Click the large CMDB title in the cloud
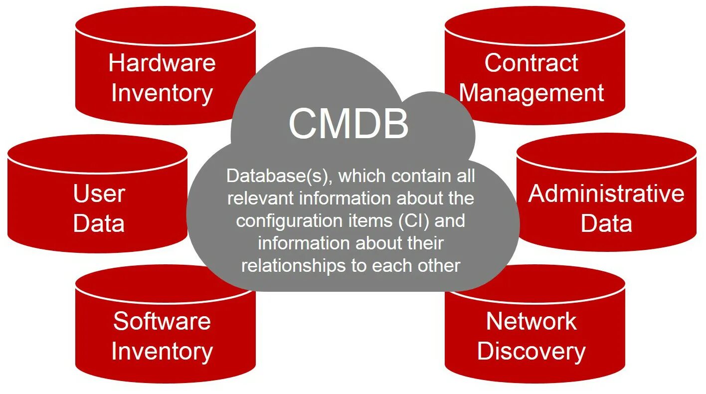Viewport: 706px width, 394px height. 349,124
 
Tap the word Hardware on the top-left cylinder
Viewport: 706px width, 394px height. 162,63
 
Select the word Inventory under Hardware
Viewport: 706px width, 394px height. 162,93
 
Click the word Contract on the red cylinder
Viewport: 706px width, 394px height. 531,63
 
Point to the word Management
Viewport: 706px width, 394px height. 531,93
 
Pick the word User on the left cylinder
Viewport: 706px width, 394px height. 99,194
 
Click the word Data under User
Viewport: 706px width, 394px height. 99,223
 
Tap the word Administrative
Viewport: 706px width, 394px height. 606,194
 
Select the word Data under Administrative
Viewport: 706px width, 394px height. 606,223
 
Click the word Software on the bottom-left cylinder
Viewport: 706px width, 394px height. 162,321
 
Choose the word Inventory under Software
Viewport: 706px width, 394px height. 162,351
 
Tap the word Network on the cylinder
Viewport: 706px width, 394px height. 531,321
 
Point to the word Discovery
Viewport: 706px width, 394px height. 531,351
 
